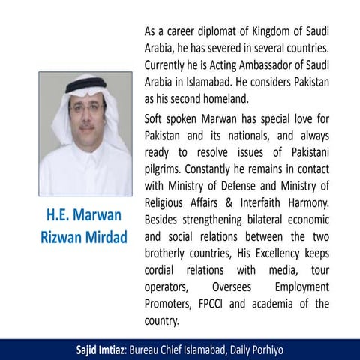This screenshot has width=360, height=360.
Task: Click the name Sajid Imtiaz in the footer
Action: tap(100, 349)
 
